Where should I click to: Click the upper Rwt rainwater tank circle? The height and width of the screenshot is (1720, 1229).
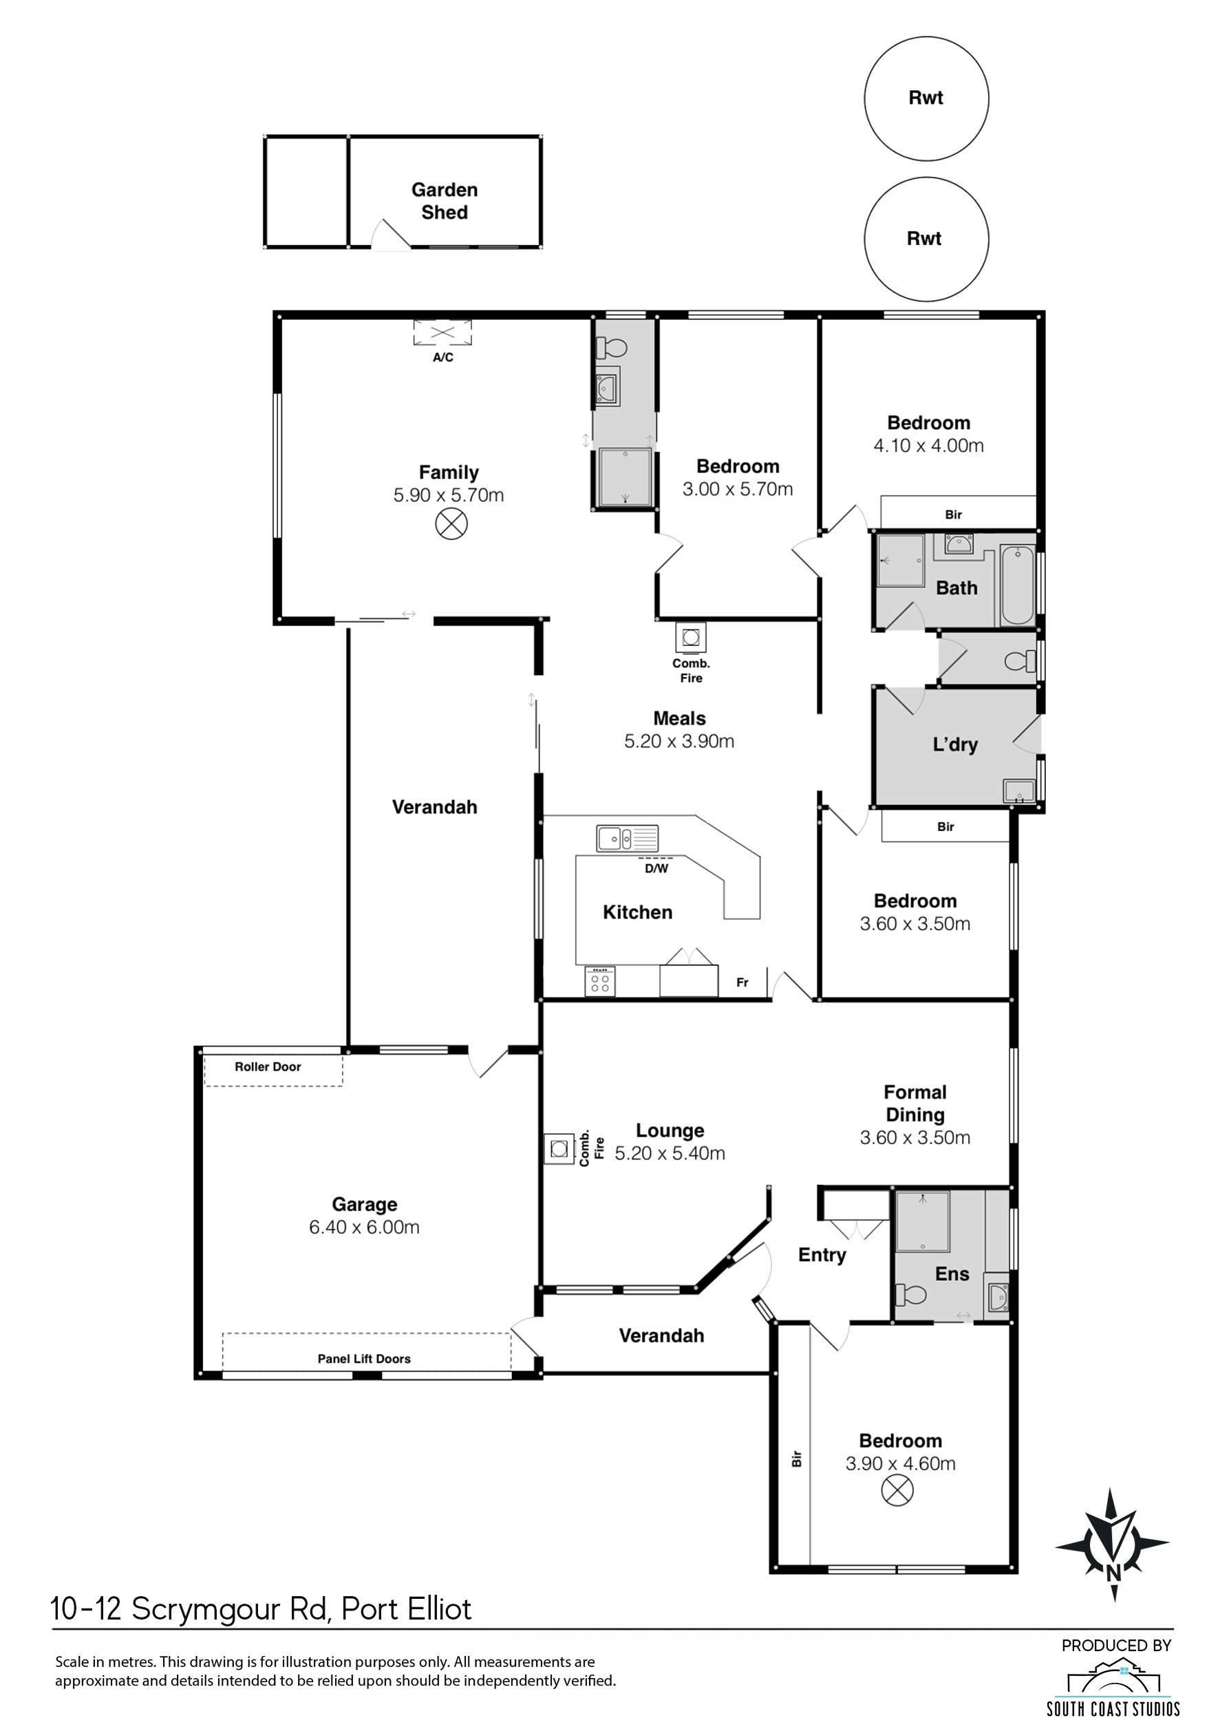(926, 98)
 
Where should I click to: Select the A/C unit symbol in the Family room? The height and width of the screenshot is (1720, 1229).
(442, 332)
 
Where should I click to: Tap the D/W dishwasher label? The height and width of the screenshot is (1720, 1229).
(656, 869)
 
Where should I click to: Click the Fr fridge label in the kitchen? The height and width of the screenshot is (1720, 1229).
(742, 982)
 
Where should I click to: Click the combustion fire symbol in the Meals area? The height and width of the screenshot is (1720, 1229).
(690, 637)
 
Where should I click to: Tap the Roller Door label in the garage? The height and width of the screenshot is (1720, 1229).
(268, 1067)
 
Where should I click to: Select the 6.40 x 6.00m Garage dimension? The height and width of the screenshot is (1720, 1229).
(364, 1227)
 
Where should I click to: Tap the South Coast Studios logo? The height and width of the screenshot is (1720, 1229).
(1113, 1688)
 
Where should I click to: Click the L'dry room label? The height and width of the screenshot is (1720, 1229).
(955, 744)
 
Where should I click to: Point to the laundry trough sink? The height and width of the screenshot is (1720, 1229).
(1018, 791)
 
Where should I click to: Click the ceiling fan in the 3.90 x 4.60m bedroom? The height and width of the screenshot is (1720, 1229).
(897, 1491)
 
